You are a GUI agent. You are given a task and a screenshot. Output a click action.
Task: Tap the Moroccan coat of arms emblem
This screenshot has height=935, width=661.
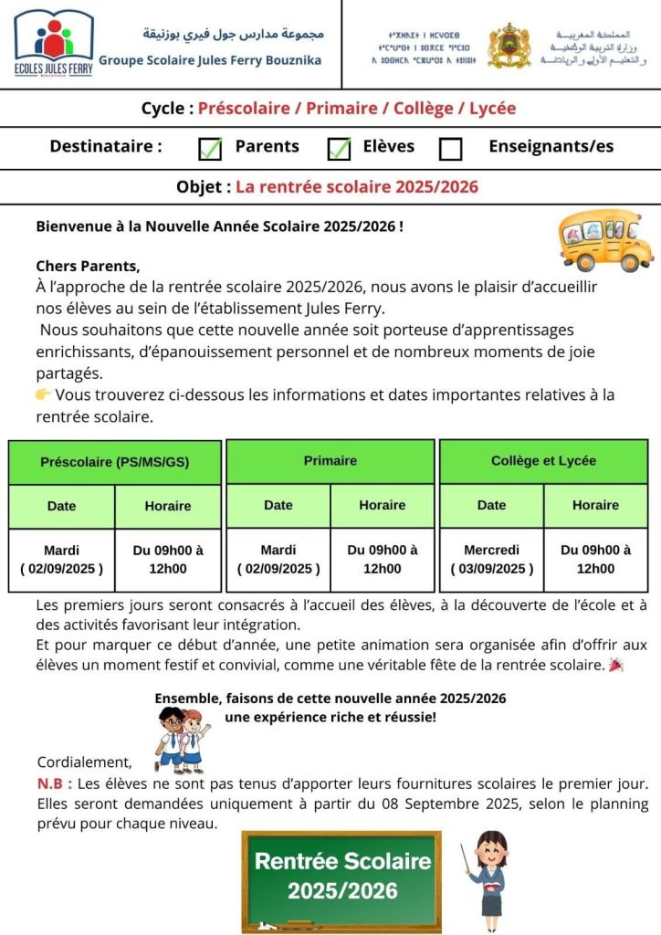[509, 46]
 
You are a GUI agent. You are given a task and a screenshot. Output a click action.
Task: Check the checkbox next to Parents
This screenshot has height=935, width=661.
[210, 148]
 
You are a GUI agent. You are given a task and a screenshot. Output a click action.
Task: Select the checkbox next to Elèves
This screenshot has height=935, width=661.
[339, 148]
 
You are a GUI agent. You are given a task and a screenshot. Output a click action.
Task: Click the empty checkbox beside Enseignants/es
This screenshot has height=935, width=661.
[451, 148]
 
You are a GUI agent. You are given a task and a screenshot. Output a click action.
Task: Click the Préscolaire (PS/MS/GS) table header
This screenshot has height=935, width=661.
[115, 462]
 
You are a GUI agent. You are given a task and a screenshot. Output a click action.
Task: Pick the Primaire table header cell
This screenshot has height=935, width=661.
[330, 461]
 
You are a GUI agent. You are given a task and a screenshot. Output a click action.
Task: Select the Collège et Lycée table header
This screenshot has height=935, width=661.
[543, 461]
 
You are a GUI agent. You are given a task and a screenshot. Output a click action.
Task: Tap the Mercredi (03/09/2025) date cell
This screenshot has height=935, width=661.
[491, 560]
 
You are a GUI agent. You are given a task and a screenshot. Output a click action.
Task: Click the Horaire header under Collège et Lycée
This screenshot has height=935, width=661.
[595, 505]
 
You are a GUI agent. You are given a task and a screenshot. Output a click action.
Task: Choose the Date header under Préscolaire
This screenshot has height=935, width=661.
[62, 506]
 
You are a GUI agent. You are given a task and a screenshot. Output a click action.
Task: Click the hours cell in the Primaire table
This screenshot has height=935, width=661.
[383, 560]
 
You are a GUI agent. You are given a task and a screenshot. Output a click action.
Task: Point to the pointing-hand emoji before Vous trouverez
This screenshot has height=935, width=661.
[43, 394]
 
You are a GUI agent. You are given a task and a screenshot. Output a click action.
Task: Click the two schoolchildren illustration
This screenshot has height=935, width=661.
[182, 737]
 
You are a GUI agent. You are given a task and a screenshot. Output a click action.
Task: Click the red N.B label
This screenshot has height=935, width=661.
[53, 784]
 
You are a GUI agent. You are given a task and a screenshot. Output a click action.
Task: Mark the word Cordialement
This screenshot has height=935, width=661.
[84, 762]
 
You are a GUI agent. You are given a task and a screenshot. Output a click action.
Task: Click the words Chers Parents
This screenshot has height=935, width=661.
[88, 267]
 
